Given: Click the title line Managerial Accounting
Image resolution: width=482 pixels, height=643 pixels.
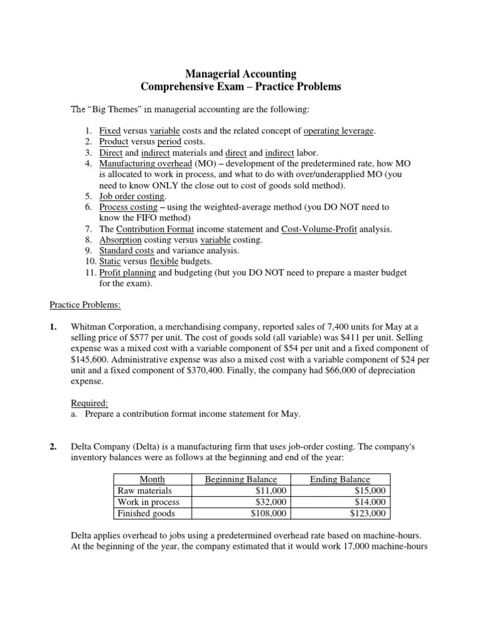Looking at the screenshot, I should coord(241,74).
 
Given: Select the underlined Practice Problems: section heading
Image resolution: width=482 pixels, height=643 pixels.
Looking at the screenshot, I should coord(85,305).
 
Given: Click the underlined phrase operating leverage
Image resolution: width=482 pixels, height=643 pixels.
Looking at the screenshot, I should coord(338,131).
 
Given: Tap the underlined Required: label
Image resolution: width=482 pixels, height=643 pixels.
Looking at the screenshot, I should coord(88,403).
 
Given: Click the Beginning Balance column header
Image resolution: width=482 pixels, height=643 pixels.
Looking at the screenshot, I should coord(240,479).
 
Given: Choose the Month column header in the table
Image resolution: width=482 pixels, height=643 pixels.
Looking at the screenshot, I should coord(152,479).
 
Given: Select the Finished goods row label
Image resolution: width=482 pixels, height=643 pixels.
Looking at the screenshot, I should coord(146,513).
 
